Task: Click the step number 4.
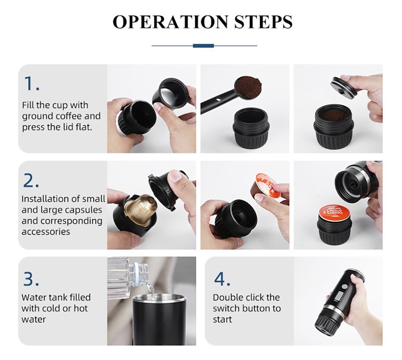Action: tap(222, 279)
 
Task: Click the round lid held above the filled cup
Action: tap(344, 87)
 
